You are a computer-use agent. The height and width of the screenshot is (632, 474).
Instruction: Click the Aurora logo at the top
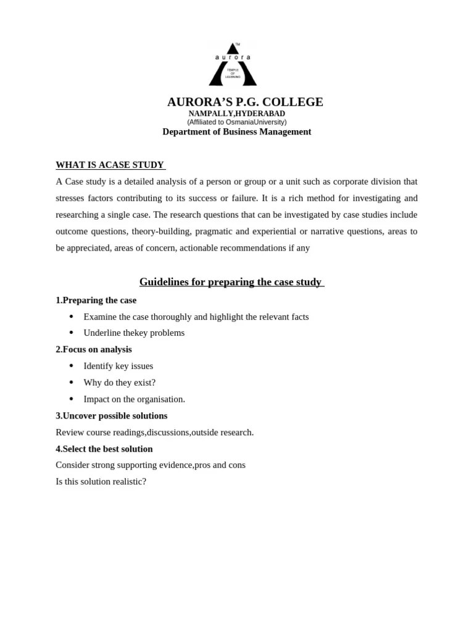[x=233, y=65]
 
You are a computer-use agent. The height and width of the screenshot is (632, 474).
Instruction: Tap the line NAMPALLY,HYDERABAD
[x=236, y=114]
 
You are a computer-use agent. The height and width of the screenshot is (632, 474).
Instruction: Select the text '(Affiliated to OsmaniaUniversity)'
[x=236, y=122]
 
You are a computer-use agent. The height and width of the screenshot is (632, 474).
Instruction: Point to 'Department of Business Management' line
[x=236, y=131]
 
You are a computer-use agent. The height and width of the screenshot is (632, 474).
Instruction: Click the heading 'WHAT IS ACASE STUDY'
[x=110, y=165]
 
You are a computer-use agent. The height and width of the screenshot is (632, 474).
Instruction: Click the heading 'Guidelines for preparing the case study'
[x=231, y=282]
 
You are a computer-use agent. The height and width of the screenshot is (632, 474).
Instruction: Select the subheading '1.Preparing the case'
[x=96, y=300]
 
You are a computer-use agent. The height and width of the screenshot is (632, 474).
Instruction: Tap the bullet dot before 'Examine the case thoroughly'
[x=72, y=317]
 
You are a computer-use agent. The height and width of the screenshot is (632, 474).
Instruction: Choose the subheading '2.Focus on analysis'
[x=94, y=349]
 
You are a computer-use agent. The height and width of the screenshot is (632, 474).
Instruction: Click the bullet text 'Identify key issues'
[x=118, y=366]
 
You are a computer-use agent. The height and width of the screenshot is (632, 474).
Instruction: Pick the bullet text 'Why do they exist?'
[x=120, y=383]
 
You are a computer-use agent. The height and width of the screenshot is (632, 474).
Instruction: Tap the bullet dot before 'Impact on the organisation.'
[x=72, y=399]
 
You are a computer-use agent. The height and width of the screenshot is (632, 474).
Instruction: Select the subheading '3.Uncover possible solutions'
[x=111, y=416]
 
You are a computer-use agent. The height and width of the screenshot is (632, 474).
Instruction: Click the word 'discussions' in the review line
[x=167, y=432]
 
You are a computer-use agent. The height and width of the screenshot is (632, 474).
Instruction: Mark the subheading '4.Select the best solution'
[x=104, y=449]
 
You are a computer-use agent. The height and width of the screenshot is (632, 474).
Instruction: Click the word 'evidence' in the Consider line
[x=177, y=465]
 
